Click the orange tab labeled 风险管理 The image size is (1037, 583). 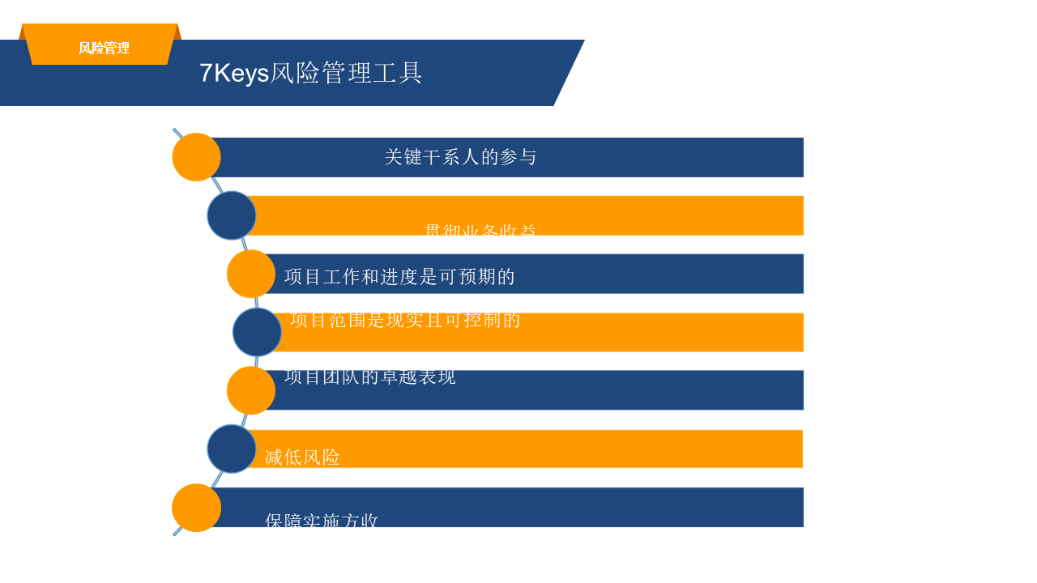click(103, 48)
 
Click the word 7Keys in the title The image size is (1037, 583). click(234, 73)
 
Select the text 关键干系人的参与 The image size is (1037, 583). click(460, 157)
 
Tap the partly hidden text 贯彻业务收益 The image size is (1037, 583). click(480, 231)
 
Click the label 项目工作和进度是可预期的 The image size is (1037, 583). click(399, 277)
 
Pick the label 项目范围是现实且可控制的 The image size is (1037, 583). click(405, 320)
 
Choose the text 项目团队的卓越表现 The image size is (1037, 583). click(370, 377)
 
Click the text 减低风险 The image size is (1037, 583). click(302, 457)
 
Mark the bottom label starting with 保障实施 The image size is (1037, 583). click(322, 521)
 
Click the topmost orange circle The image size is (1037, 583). click(197, 157)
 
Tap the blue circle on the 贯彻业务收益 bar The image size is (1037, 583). click(232, 215)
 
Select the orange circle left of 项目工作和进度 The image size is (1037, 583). click(251, 274)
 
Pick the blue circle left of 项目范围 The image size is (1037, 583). click(257, 332)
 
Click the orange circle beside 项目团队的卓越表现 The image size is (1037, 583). click(251, 390)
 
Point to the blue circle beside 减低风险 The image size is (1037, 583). click(232, 449)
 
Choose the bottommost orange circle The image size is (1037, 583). click(197, 508)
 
